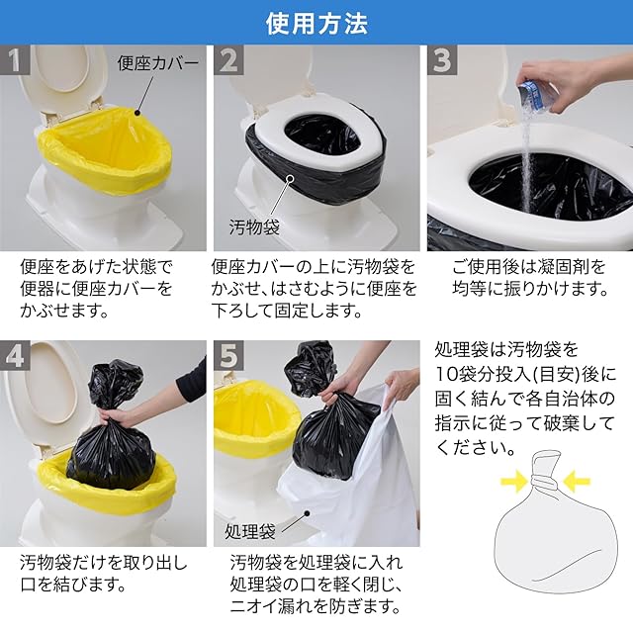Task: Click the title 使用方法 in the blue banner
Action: click(316, 24)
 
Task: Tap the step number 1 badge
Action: click(15, 60)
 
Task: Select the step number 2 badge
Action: click(228, 60)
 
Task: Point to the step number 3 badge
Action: click(442, 60)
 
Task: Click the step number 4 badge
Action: click(15, 355)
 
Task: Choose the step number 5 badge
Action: click(228, 355)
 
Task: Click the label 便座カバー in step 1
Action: click(158, 63)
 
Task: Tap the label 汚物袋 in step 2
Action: click(254, 227)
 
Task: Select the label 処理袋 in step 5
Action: click(250, 531)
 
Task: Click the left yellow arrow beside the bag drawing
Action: click(514, 482)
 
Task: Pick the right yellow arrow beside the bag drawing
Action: click(577, 482)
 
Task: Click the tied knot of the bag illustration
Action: click(545, 481)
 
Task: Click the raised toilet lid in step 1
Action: click(61, 77)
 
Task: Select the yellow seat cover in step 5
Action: click(255, 415)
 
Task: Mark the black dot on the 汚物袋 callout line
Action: click(290, 177)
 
